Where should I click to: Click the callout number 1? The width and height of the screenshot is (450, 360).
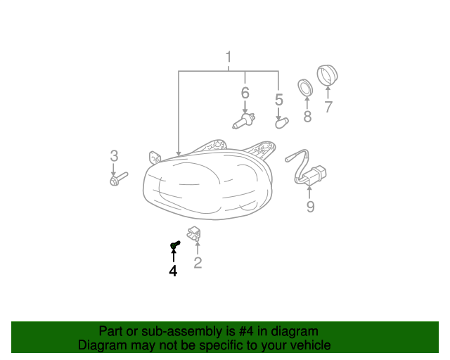click(x=229, y=57)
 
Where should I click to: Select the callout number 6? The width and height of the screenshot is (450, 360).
click(x=245, y=94)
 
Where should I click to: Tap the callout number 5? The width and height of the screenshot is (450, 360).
click(x=279, y=100)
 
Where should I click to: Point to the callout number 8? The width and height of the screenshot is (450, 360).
click(x=307, y=117)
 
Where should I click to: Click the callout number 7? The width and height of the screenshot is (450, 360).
click(x=328, y=107)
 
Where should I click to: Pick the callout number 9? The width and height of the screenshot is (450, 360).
click(x=310, y=207)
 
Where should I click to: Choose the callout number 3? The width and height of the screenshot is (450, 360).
click(x=114, y=156)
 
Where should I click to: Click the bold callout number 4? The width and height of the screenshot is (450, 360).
click(x=173, y=271)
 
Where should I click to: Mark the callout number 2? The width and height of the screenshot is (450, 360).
click(x=198, y=263)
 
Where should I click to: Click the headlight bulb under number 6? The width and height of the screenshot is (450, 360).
click(x=244, y=121)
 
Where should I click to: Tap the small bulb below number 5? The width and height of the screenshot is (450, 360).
click(x=282, y=124)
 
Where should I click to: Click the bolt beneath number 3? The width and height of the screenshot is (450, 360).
click(x=119, y=179)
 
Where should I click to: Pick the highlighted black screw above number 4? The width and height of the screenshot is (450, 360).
click(x=175, y=245)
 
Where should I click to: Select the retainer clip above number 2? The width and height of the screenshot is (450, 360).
click(x=194, y=233)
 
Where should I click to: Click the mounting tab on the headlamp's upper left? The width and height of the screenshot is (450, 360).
click(x=155, y=157)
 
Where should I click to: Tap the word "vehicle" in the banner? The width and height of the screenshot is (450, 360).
click(x=311, y=345)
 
